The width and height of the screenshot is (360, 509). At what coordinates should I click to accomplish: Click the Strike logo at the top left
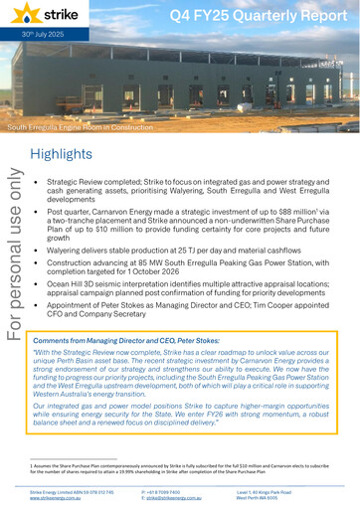point(49,16)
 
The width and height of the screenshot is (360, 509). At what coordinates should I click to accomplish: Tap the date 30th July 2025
point(30,43)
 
